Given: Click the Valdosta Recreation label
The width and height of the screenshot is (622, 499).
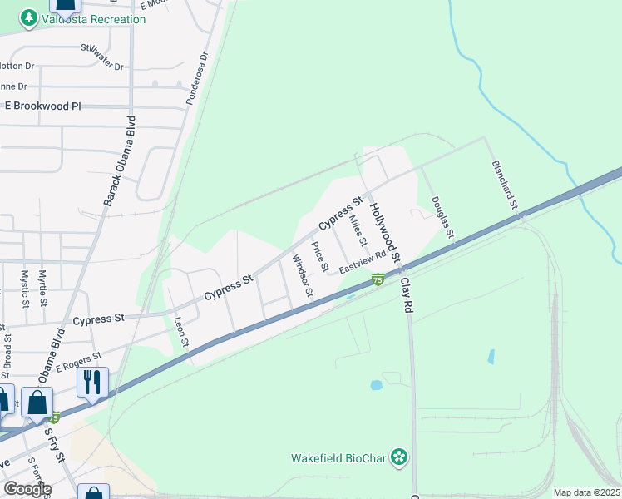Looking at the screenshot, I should tap(87, 17).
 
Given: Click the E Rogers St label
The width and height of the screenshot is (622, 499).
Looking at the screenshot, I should tap(78, 361).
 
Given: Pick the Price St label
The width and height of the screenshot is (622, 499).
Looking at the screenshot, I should tap(319, 256).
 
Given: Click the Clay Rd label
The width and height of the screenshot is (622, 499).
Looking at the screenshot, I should tap(407, 295).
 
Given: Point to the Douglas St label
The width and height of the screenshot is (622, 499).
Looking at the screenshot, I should tap(442, 216).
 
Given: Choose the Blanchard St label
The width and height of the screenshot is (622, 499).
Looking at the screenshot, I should tap(505, 184).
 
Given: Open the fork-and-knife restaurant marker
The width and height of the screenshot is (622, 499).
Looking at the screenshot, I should tap(91, 382).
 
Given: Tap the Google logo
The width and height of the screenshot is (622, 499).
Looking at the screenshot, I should tap(27, 489).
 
